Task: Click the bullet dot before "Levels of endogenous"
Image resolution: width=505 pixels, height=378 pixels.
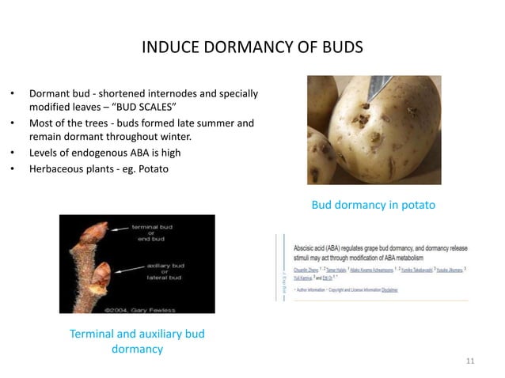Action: click(x=13, y=153)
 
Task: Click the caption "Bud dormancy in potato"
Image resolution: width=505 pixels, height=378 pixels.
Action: click(x=373, y=206)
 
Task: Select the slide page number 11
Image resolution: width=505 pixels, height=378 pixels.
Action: click(x=470, y=361)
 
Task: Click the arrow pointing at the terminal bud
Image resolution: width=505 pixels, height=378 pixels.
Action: click(x=120, y=229)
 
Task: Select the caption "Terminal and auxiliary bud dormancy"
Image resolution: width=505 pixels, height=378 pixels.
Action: click(x=136, y=341)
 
